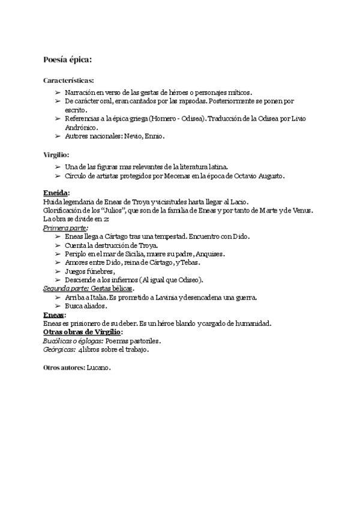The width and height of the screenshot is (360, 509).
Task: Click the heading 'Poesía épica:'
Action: click(67, 59)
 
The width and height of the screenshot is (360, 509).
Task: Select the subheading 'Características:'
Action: click(68, 80)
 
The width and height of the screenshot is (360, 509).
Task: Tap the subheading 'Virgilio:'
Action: click(56, 154)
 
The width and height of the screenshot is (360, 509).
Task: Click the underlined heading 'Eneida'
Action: click(55, 193)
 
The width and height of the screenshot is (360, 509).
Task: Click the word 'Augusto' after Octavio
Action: click(269, 176)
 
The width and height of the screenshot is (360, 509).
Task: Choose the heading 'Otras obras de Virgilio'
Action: click(82, 332)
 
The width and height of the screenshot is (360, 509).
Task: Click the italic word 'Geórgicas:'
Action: click(59, 349)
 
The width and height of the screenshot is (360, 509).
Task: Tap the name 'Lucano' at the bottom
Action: click(98, 367)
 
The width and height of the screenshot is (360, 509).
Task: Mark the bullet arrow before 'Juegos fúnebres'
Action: click(58, 271)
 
